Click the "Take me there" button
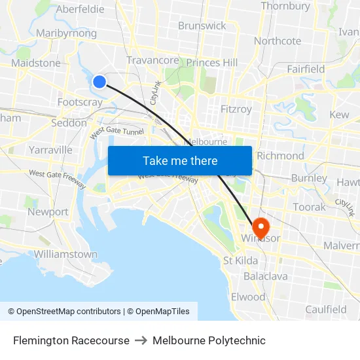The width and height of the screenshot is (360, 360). click(x=180, y=161)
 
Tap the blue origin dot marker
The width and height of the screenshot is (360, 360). click(x=99, y=81)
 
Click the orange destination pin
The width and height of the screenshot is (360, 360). click(x=260, y=226)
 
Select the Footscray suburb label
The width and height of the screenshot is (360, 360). click(x=80, y=102)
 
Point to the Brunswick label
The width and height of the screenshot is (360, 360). click(x=202, y=26)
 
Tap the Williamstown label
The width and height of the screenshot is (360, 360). click(x=65, y=254)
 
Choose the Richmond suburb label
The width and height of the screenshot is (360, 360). click(x=280, y=156)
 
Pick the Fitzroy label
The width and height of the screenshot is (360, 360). click(x=236, y=109)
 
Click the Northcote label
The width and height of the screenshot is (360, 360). click(x=278, y=41)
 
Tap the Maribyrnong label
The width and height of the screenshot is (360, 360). click(x=67, y=33)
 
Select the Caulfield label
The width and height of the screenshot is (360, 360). click(x=325, y=310)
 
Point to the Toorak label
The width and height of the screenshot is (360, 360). click(x=309, y=207)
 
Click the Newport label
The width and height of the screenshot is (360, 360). click(x=48, y=212)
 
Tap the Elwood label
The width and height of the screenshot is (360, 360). click(x=248, y=297)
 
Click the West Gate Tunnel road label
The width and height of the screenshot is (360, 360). click(x=117, y=132)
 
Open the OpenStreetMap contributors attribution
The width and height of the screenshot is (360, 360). click(x=64, y=312)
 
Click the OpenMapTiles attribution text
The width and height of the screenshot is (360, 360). click(x=158, y=312)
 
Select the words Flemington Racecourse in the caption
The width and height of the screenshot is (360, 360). click(x=71, y=340)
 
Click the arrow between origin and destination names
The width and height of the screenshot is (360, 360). click(x=141, y=340)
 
